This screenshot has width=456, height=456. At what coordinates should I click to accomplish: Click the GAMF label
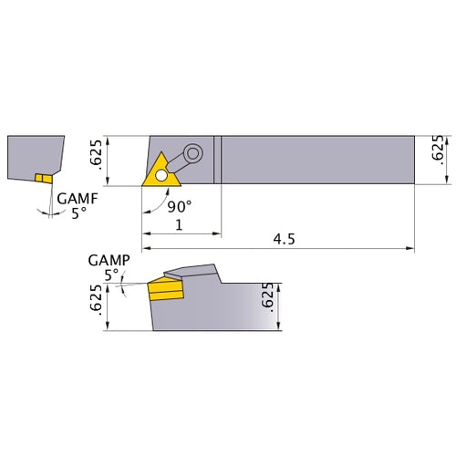(x=75, y=198)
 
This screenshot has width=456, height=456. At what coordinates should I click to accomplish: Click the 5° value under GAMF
(x=80, y=213)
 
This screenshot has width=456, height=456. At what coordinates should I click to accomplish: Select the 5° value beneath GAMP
(x=111, y=275)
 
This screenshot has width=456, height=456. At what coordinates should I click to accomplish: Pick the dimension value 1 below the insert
(x=179, y=224)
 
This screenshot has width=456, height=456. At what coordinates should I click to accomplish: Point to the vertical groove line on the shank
(x=217, y=160)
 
